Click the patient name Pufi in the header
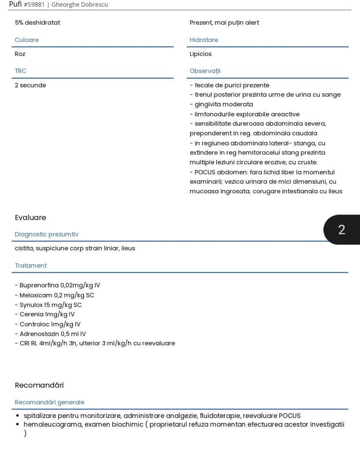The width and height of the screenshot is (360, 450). pos(15,4)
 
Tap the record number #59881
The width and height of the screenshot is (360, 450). pos(34,5)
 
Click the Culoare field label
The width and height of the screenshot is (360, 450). pos(27,40)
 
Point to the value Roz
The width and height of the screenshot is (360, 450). pos(20,54)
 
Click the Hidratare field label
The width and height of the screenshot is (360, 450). pos(204,40)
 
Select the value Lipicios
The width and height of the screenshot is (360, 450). pos(201,54)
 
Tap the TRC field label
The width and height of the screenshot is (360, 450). pos(21,71)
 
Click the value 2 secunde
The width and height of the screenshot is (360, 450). pos(30,85)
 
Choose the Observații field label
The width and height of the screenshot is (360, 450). pos(205,71)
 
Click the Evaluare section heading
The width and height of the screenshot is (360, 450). pos(30,218)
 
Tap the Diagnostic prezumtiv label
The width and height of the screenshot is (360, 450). pos(47,234)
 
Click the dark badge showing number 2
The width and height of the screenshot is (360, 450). pos(342,229)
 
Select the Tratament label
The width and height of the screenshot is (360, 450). pos(31,265)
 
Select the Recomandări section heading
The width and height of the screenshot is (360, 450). pos(39,385)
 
